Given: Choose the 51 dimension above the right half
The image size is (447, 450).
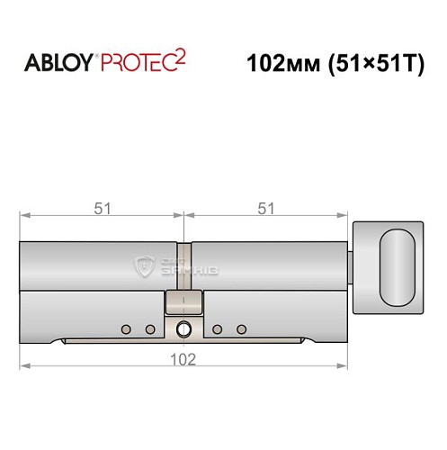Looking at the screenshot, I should click(265, 208).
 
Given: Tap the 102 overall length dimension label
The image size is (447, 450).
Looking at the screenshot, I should click(184, 356).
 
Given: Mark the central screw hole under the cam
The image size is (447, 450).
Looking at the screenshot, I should click(183, 328).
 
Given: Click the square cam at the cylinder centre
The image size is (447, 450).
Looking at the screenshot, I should click(183, 303).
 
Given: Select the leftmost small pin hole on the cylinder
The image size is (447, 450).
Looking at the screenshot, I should click(126, 328).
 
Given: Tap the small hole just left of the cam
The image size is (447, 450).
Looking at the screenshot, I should click(150, 328).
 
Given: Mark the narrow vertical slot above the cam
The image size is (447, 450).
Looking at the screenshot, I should click(183, 265).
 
